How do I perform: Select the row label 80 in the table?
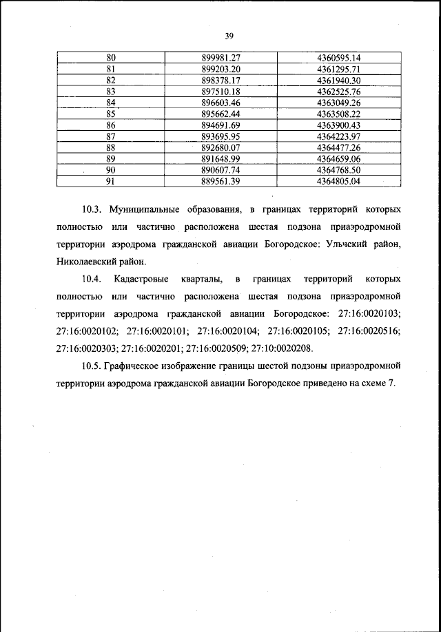point(110,58)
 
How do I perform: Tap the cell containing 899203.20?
point(219,70)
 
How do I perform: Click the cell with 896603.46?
point(219,103)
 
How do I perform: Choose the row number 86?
point(110,125)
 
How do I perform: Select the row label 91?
point(110,181)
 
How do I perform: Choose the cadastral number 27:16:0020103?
point(369,315)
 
